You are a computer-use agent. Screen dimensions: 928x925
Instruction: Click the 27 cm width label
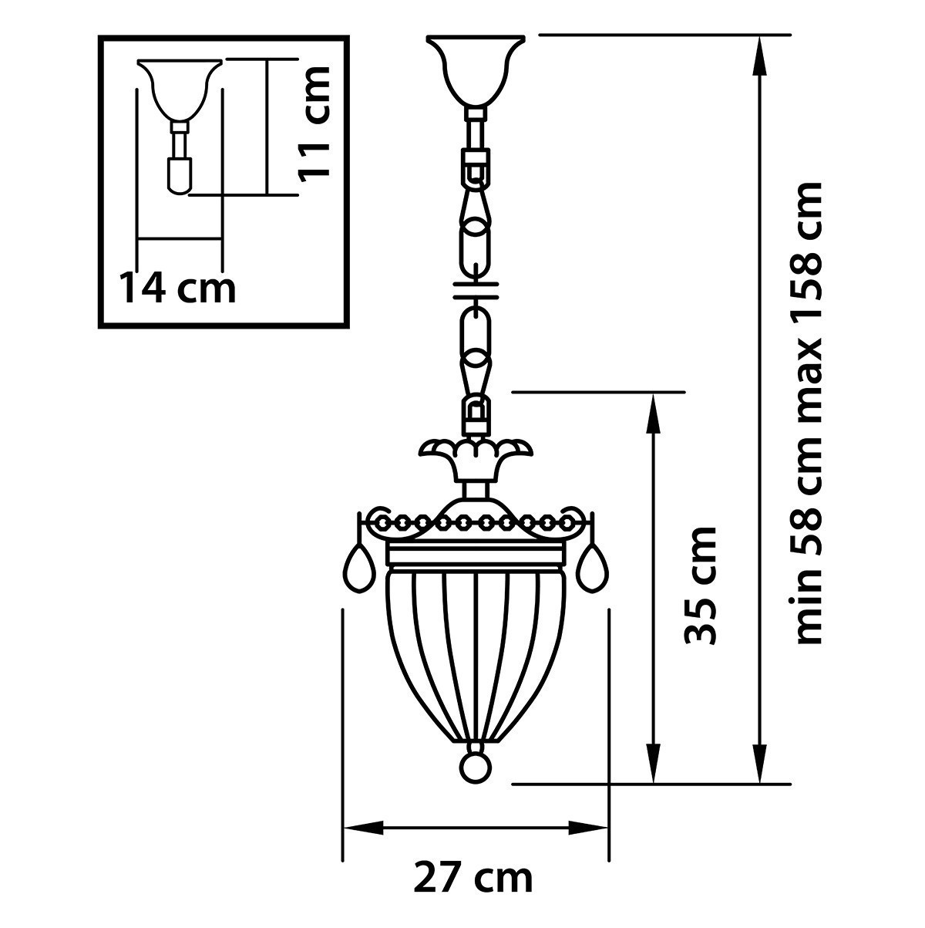(x=473, y=877)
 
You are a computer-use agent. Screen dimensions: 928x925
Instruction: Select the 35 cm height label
(x=701, y=585)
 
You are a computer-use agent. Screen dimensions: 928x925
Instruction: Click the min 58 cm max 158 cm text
(x=809, y=413)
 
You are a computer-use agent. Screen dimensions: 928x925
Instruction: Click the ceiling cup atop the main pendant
(x=476, y=69)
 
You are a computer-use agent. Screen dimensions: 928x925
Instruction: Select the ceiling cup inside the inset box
(x=180, y=89)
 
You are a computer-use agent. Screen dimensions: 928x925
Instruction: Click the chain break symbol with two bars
(x=476, y=289)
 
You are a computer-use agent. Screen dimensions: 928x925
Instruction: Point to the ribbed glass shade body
(x=476, y=656)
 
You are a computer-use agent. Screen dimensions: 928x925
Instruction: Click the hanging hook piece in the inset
(x=179, y=174)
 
